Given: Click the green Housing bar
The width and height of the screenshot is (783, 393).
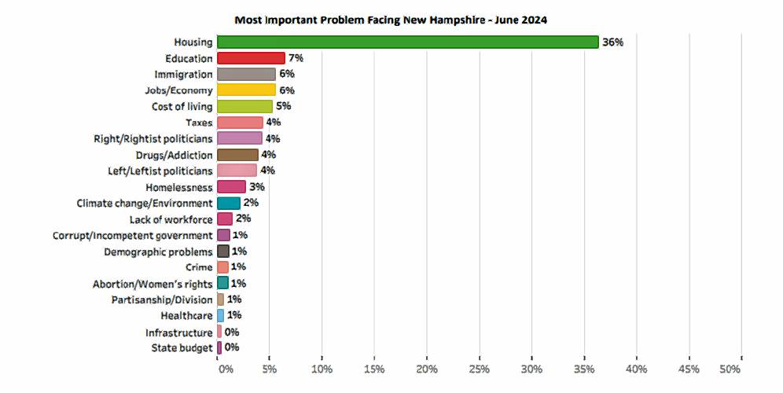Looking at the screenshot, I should point(407,42).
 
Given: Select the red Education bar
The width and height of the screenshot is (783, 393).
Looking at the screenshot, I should point(251,58).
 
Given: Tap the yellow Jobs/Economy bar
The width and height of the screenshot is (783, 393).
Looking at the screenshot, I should point(246,90).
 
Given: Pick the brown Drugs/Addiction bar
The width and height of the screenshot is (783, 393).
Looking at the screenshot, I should point(237,155).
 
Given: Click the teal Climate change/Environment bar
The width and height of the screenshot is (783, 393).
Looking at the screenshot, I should point(229,203).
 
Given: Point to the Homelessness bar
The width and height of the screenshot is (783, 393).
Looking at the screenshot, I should point(231,187).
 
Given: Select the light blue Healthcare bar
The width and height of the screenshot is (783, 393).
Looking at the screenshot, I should point(221,315).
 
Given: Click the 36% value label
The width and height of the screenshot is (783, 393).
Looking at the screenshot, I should point(612,42).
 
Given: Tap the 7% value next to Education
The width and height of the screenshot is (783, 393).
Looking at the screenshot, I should point(296,58).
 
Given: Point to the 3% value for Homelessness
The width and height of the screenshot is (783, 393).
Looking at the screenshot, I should point(256,187).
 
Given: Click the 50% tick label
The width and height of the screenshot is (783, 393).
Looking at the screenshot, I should point(730,369).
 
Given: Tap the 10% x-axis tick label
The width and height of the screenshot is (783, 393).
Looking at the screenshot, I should point(322,369).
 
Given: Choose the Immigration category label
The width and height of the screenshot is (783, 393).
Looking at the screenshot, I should point(182,74).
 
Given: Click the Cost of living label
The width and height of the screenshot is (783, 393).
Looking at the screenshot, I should point(182,106).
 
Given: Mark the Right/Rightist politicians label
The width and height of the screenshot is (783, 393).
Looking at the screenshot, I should point(153,138).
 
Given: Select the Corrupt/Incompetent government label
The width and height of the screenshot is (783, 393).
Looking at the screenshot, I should point(132,235).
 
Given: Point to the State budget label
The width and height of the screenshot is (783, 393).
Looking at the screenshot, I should point(182,347).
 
